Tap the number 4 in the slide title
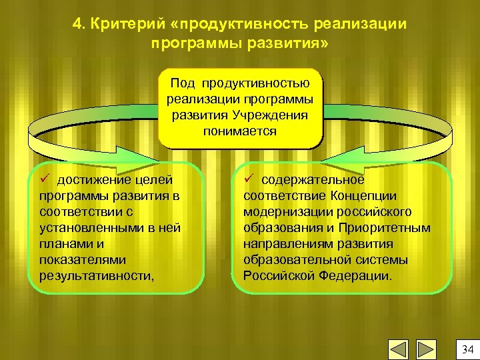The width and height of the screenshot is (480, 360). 77,25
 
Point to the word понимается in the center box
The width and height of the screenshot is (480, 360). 240,131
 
